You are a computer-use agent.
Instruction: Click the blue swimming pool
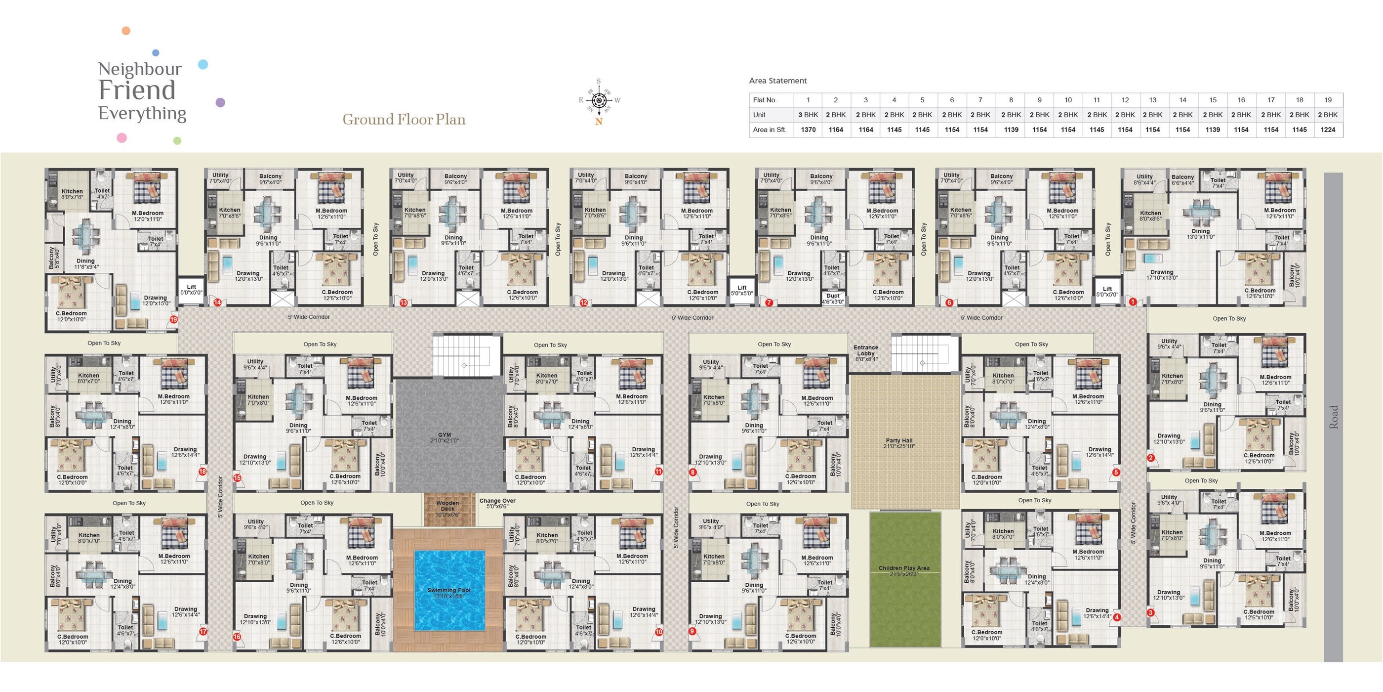point(449,590)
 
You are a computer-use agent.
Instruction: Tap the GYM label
point(445,435)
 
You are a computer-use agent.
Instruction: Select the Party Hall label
point(899,440)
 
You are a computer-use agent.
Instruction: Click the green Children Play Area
point(905,580)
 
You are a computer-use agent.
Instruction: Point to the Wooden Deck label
point(448,506)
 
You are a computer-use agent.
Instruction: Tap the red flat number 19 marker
point(173,320)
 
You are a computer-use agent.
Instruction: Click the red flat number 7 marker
point(769,303)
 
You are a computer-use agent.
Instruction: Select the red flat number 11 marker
point(658,471)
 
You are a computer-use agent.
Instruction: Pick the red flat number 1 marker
point(1133,302)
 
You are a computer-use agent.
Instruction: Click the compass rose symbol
point(599,100)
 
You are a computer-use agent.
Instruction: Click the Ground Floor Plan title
point(404,119)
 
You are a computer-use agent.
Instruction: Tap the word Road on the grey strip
point(1334,416)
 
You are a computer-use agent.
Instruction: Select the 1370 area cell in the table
point(808,130)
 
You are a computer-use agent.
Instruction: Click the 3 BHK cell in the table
point(808,115)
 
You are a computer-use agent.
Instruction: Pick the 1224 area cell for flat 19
point(1328,130)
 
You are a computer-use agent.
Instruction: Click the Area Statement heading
point(778,81)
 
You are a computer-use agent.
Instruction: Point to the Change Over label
point(497,501)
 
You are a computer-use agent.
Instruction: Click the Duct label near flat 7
point(833,296)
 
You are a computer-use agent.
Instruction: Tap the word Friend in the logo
point(137,90)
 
